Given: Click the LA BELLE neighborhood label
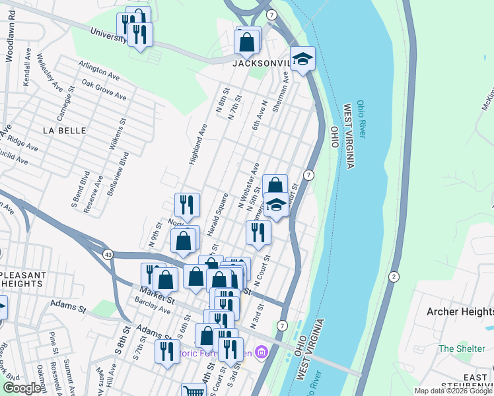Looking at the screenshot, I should click(65, 131).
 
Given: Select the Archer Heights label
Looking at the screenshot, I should click(460, 312).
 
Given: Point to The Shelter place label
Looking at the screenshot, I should click(456, 348).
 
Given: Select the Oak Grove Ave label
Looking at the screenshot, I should click(104, 90).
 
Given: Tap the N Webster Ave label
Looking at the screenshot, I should click(248, 188).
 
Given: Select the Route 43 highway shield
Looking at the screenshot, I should click(106, 254).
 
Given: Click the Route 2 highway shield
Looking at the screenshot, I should click(394, 276).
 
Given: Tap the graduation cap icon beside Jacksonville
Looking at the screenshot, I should click(302, 59).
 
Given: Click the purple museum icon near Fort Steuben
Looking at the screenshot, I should click(261, 351).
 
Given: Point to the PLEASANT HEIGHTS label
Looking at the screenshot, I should click(23, 279).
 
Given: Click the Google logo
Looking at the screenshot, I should click(22, 388).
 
